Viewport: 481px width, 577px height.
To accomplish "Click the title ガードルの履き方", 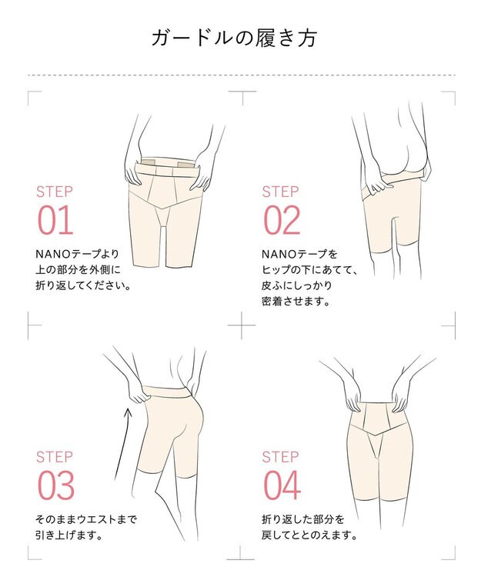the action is click(234, 38).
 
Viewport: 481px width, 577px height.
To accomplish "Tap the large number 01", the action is click(55, 220).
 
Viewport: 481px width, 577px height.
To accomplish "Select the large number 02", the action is click(282, 220).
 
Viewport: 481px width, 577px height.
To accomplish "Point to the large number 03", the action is click(55, 485).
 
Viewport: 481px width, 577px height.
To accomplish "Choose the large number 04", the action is click(282, 485).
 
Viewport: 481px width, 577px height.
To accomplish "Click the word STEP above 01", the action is click(55, 192).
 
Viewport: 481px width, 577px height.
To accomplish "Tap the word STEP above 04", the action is click(280, 457).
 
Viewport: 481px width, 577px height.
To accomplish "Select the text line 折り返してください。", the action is click(83, 285).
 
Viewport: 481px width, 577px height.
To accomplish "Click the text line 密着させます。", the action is click(296, 302).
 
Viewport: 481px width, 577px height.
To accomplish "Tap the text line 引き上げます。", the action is click(69, 535).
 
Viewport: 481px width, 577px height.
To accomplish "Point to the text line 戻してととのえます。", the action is click(309, 535).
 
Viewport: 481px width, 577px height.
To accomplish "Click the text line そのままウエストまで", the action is click(86, 519).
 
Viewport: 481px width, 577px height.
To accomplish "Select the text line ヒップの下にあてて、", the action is click(309, 270).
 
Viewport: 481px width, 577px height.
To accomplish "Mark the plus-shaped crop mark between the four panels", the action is click(242, 325).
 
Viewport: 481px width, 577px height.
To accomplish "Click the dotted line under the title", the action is click(242, 75).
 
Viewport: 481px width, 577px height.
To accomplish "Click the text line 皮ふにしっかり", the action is click(296, 285).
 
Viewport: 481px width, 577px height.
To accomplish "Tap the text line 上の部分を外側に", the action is click(78, 270).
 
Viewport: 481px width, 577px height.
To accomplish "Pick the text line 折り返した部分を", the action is click(303, 519).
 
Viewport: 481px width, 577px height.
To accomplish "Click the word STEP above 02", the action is click(280, 192).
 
